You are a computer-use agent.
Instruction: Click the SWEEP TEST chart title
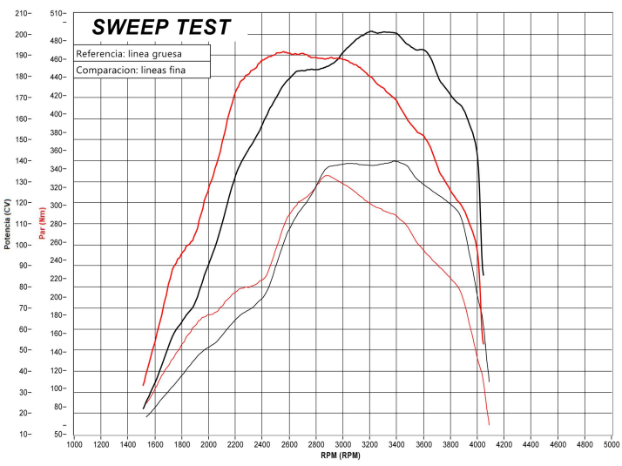[x=161, y=27]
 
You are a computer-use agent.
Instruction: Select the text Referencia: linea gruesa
[x=129, y=53]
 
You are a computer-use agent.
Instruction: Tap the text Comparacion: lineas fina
[x=131, y=71]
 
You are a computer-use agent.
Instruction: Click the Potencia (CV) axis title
[x=8, y=224]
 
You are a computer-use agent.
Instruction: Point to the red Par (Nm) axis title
[x=40, y=224]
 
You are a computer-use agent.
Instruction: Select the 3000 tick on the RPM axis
[x=343, y=444]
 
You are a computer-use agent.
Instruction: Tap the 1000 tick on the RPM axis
[x=75, y=444]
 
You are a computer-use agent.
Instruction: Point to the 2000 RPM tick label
[x=209, y=444]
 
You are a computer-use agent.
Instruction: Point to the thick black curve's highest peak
[x=372, y=31]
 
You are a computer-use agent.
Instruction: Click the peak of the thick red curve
[x=283, y=52]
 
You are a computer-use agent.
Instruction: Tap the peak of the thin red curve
[x=327, y=176]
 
